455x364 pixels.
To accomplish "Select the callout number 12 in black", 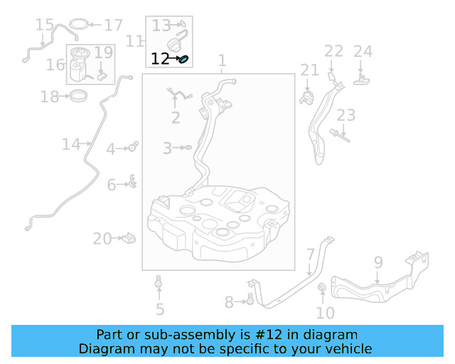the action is point(159,59).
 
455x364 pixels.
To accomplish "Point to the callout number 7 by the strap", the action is point(311,255).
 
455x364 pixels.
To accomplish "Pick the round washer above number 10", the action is point(321,288).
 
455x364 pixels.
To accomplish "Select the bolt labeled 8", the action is point(250,301).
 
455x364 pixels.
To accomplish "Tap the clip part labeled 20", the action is point(129,238).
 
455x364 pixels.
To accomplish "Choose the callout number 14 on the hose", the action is point(70,144).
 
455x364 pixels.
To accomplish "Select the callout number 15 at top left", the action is point(44,26).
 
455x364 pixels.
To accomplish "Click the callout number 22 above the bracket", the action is point(333,51).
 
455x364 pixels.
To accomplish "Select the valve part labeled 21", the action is point(307,97).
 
